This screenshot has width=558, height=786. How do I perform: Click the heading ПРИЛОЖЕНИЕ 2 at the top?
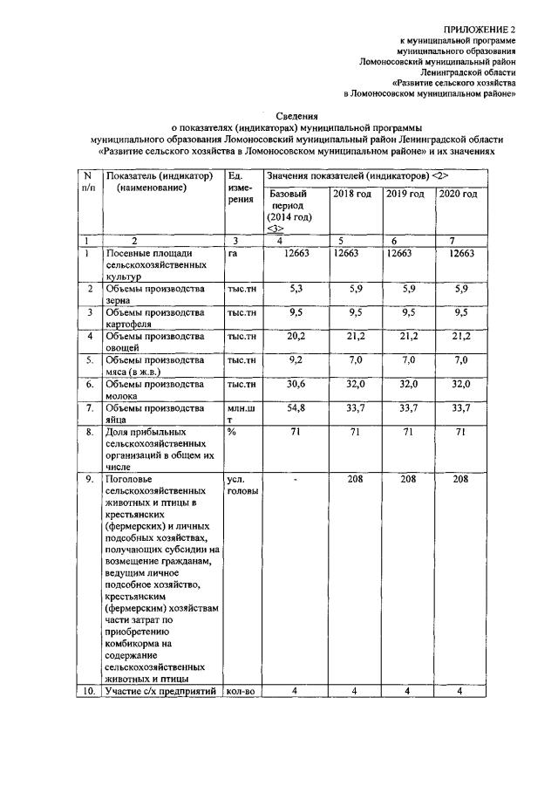(479, 31)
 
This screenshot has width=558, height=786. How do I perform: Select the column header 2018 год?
(352, 194)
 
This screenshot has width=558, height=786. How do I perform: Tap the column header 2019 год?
(405, 194)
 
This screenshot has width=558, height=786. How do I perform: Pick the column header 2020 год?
(458, 194)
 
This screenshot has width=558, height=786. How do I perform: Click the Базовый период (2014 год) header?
(289, 210)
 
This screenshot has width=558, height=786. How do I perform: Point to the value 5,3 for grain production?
(296, 289)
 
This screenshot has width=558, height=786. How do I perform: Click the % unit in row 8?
(232, 431)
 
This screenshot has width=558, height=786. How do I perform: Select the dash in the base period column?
(296, 479)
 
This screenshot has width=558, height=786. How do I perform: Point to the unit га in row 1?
(233, 254)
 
